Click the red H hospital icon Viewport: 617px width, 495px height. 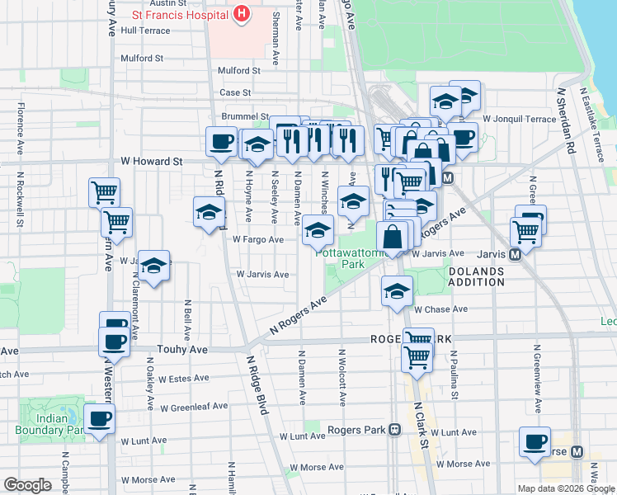pyautogui.click(x=241, y=13)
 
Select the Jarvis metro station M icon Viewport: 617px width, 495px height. pyautogui.click(x=515, y=255)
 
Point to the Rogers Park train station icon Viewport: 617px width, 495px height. pyautogui.click(x=394, y=430)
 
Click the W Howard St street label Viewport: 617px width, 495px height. pyautogui.click(x=151, y=162)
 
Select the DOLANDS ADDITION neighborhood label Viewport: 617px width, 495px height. pyautogui.click(x=476, y=276)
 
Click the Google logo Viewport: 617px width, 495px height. pyautogui.click(x=27, y=485)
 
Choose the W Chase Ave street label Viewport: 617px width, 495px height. pyautogui.click(x=440, y=309)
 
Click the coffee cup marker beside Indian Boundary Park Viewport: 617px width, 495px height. pyautogui.click(x=100, y=419)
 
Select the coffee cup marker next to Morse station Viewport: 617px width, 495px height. pyautogui.click(x=535, y=441)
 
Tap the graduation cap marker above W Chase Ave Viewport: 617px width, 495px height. pyautogui.click(x=397, y=291)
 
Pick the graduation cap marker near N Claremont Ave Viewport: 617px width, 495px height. pyautogui.click(x=153, y=266)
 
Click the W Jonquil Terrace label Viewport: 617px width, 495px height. pyautogui.click(x=519, y=119)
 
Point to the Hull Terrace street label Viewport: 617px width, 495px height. pyautogui.click(x=145, y=31)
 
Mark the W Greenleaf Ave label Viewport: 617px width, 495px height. pyautogui.click(x=194, y=408)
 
